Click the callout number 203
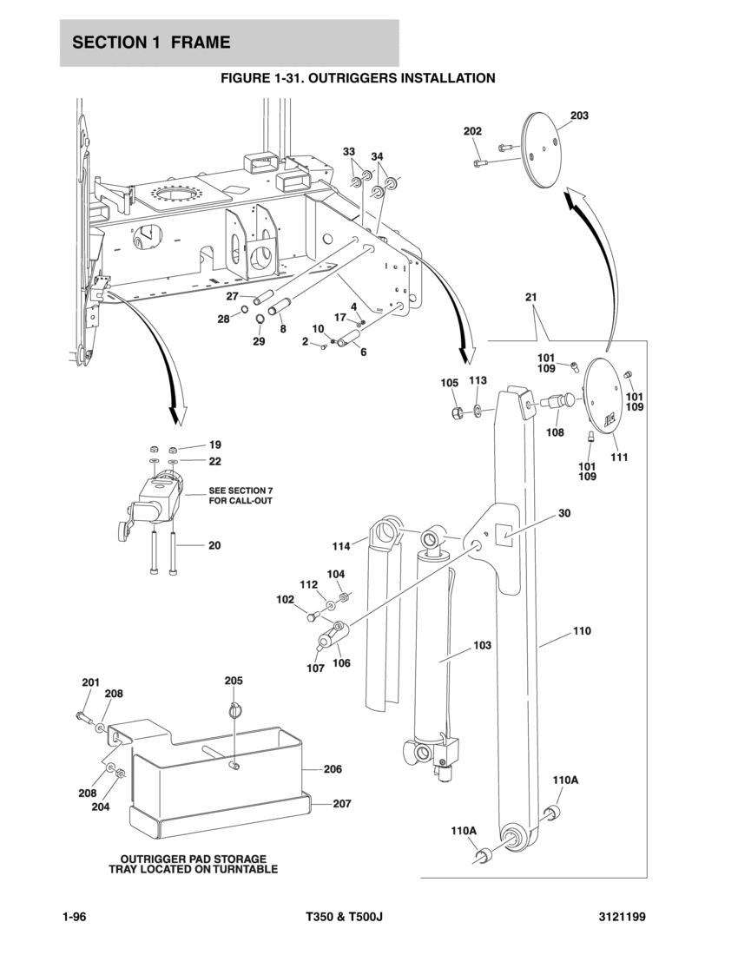pos(579,115)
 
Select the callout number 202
pos(472,131)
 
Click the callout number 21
pos(531,297)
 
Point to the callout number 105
pos(449,383)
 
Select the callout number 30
pos(564,513)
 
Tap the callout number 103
pos(483,645)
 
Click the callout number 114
pos(341,546)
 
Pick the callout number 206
pos(333,769)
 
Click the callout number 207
pos(341,804)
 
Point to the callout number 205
pos(234,681)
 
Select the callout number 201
pos(91,682)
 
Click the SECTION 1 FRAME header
pos(152,43)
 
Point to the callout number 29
pos(259,341)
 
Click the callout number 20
pos(214,546)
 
